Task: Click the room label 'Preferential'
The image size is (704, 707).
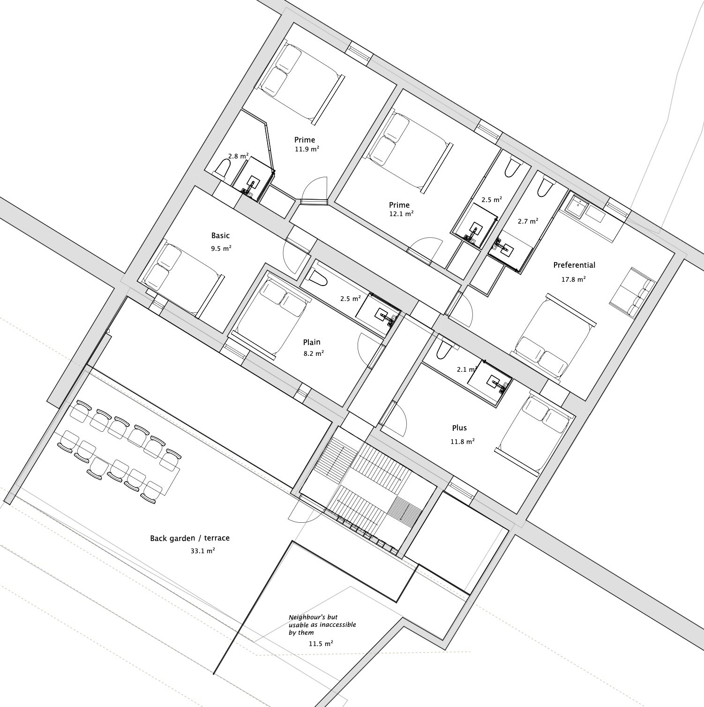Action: click(x=574, y=265)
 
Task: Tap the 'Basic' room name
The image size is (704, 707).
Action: click(x=220, y=235)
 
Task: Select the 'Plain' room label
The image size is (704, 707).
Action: click(x=312, y=342)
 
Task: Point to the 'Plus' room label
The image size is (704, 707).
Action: click(x=459, y=428)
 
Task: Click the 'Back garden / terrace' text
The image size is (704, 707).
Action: click(x=190, y=538)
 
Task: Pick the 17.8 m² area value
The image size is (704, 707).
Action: click(x=574, y=279)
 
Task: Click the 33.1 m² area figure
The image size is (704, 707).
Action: click(x=202, y=551)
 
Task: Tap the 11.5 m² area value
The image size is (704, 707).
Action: click(x=321, y=644)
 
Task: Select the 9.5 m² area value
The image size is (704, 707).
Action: click(x=221, y=248)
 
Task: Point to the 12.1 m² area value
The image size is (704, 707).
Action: click(x=401, y=214)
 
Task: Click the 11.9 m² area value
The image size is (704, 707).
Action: click(x=307, y=149)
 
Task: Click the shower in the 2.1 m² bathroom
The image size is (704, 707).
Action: click(x=489, y=380)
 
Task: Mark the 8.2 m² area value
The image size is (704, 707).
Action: click(x=314, y=354)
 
